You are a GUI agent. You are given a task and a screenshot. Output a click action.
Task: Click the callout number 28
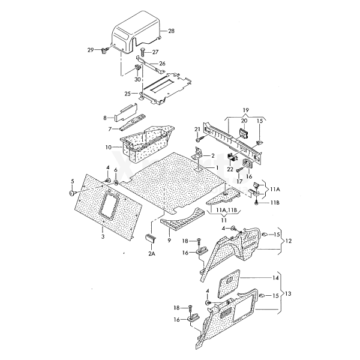(171, 31)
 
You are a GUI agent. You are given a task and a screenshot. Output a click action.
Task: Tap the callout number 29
(91, 49)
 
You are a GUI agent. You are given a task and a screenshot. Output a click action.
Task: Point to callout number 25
(127, 94)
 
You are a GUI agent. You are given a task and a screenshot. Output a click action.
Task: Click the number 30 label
(137, 79)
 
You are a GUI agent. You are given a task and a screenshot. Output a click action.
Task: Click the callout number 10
(109, 147)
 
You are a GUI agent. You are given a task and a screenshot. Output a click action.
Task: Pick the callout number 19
(245, 110)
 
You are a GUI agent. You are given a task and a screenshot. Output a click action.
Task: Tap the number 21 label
(196, 129)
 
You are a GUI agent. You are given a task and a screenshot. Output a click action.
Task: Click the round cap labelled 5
(71, 194)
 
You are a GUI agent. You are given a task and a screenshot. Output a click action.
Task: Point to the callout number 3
(103, 238)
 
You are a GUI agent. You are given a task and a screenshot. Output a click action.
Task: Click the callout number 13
(289, 294)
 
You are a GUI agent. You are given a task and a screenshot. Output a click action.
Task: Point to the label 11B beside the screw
(274, 203)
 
